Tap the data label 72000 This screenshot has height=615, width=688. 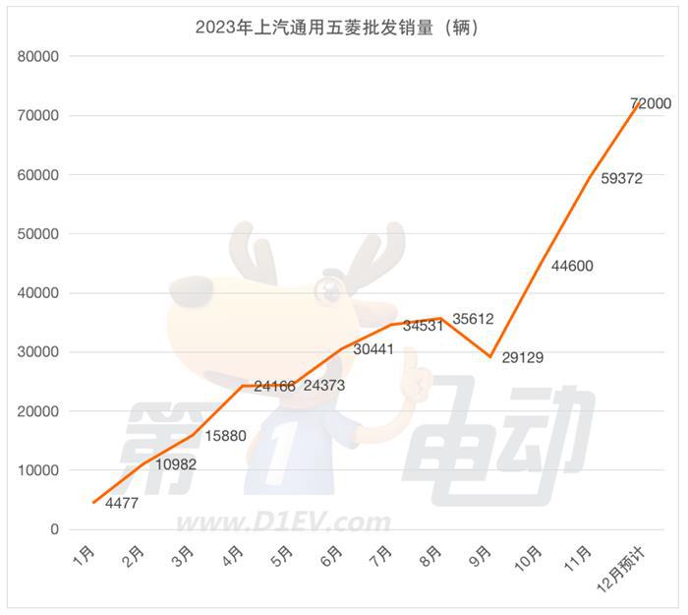(650, 103)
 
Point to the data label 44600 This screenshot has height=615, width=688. (572, 266)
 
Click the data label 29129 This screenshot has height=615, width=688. (522, 358)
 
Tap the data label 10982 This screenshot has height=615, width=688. (176, 463)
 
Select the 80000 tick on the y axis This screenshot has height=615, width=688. (39, 57)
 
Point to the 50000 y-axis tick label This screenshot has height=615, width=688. (39, 234)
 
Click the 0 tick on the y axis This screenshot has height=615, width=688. (56, 529)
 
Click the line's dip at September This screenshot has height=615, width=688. (490, 356)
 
